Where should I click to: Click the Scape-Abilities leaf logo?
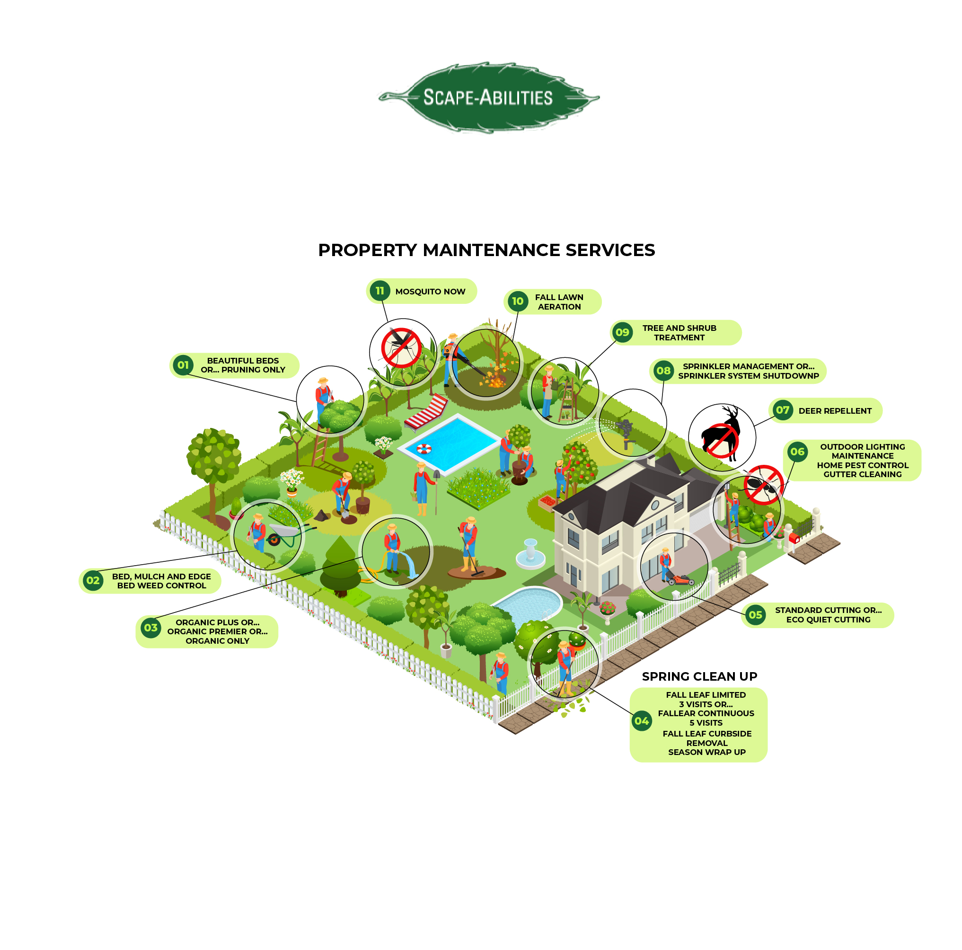coord(488,97)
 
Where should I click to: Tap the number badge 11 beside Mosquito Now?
coord(380,291)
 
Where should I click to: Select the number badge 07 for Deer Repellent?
coord(782,410)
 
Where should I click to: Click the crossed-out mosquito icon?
coord(401,348)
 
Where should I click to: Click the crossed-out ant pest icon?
coord(763,485)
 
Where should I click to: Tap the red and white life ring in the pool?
coord(424,448)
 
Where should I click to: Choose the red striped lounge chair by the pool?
coord(426,411)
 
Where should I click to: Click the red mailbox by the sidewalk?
coord(794,538)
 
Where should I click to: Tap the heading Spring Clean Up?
coord(699,676)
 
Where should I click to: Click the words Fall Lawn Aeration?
coord(559,302)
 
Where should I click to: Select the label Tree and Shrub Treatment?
coord(679,332)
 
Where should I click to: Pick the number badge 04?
coord(641,720)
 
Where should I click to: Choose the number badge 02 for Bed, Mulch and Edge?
coord(93,580)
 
